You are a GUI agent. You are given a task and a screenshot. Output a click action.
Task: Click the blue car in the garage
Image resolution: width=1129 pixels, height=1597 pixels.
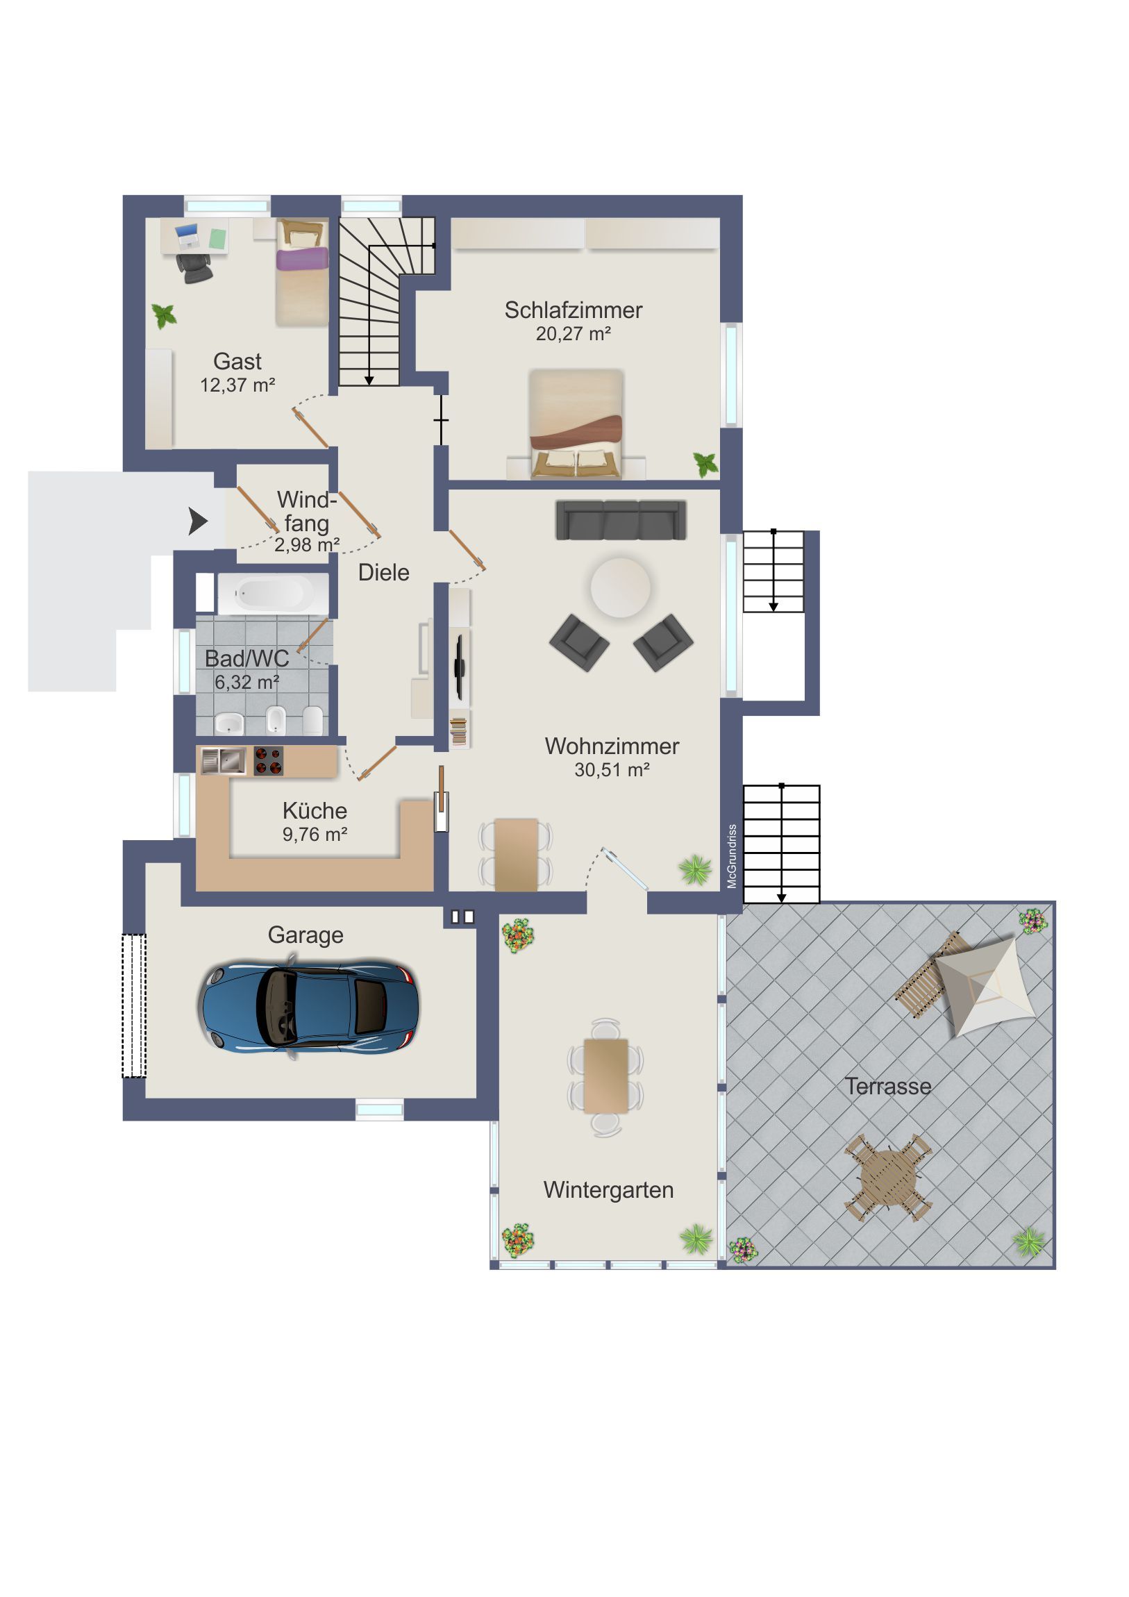(309, 1007)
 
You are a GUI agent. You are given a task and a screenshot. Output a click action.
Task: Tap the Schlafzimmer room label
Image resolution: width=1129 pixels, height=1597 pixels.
(574, 310)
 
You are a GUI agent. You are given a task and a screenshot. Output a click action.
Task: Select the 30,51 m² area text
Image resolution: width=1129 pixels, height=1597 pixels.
(612, 770)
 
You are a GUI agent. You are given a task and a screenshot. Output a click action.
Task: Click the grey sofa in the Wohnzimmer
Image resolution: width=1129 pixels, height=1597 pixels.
(621, 519)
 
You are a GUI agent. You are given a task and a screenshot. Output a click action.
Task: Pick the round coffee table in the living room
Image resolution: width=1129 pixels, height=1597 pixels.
(621, 587)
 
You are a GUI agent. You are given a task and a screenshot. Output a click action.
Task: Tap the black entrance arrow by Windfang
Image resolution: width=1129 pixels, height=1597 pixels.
(198, 521)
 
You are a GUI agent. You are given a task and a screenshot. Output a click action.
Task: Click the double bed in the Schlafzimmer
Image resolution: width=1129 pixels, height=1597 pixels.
(576, 424)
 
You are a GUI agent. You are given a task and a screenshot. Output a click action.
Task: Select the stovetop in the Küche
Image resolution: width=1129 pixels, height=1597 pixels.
(269, 761)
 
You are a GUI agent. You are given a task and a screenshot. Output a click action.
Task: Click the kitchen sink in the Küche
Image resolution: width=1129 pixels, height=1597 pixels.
(224, 761)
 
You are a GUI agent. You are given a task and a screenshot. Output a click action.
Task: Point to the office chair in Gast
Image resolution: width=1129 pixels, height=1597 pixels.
(195, 268)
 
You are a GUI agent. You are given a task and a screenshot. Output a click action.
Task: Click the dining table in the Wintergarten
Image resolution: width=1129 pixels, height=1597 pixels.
(606, 1077)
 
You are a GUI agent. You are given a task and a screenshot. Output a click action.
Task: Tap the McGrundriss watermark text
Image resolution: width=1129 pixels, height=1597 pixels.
(732, 856)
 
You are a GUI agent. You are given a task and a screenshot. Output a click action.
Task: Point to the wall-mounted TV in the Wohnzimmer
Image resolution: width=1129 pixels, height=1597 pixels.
(459, 667)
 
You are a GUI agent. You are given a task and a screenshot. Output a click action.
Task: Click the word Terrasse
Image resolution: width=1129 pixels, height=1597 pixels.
(887, 1087)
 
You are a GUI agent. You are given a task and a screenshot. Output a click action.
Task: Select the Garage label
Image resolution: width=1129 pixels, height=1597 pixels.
(306, 935)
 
